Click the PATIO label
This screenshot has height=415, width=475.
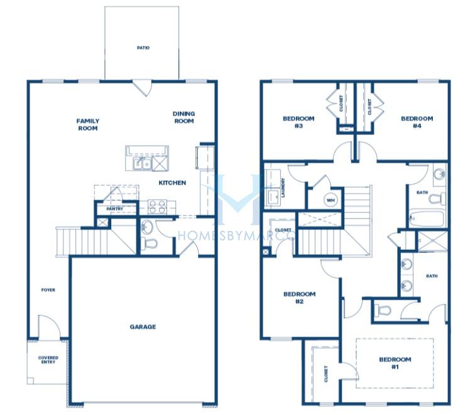(143, 48)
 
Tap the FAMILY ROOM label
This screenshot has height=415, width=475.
(88, 125)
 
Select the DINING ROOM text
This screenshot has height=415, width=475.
(183, 117)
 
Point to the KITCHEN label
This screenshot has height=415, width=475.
(172, 183)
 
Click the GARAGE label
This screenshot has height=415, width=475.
(143, 327)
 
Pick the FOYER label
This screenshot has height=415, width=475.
(48, 290)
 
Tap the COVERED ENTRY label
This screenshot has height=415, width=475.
(48, 360)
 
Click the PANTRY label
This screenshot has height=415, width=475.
(115, 209)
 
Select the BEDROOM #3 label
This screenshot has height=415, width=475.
(298, 122)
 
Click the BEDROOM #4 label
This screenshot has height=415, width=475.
(417, 122)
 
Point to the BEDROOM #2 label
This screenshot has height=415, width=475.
(300, 298)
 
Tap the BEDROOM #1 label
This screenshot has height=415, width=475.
(395, 364)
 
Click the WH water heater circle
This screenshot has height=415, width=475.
(330, 200)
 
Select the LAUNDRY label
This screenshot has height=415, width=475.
(283, 188)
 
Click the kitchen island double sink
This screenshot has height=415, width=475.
(142, 164)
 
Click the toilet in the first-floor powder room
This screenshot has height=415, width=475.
(149, 243)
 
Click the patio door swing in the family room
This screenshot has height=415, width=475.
(142, 88)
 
